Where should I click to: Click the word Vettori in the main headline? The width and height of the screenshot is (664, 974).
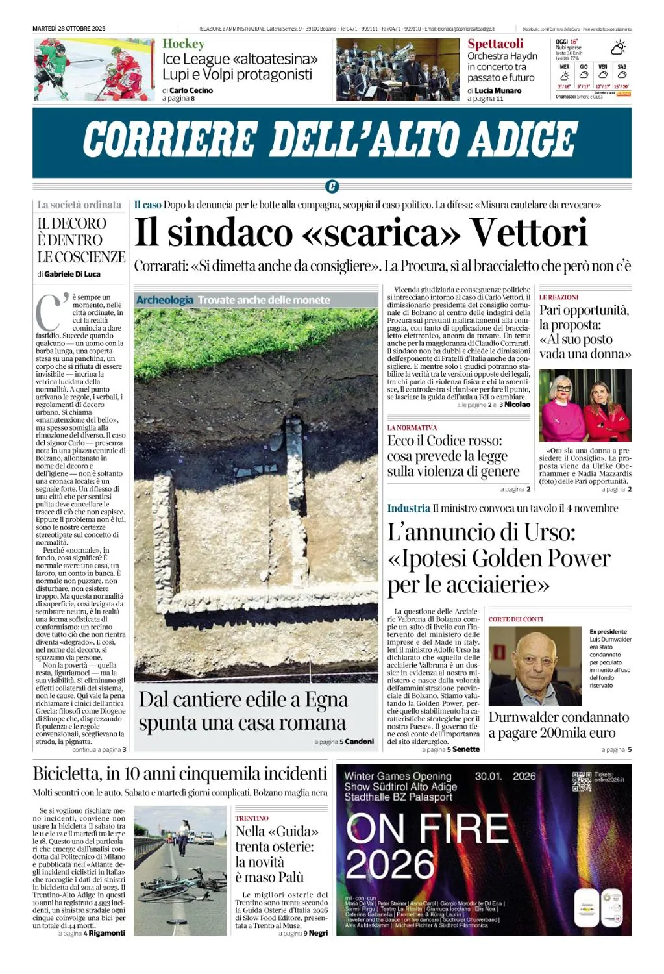tap(528, 232)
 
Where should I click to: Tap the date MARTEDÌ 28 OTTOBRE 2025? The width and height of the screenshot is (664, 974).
tap(69, 29)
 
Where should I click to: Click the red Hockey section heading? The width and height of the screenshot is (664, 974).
tap(183, 44)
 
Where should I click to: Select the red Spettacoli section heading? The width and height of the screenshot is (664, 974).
tap(495, 44)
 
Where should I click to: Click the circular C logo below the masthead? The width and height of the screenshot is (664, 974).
tap(332, 187)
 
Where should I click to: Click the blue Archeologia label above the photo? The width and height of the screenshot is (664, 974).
tap(164, 300)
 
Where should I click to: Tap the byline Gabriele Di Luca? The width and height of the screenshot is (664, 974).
tap(72, 274)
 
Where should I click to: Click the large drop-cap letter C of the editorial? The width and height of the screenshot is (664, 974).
tap(49, 314)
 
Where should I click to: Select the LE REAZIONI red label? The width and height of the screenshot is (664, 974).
tap(558, 297)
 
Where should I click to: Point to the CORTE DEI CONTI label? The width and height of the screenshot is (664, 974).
tap(515, 619)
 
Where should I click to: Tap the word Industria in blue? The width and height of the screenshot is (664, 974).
tap(408, 508)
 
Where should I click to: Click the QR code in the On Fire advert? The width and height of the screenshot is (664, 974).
tap(582, 781)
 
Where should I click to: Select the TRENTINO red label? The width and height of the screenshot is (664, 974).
tap(251, 818)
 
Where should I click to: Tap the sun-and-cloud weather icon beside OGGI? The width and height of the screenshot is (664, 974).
tap(618, 47)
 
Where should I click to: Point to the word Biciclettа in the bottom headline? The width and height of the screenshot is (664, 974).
tap(68, 774)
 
